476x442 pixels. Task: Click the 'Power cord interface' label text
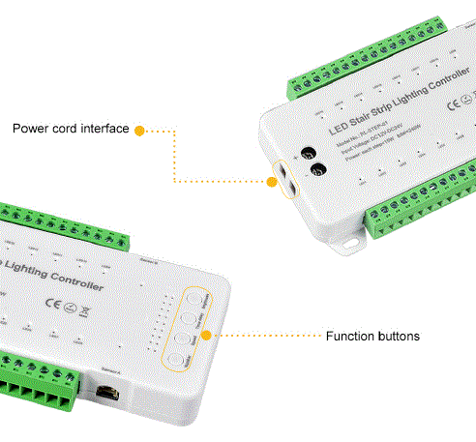pos(70,129)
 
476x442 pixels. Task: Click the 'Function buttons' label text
pos(372,337)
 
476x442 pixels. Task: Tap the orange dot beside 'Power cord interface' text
pos(139,130)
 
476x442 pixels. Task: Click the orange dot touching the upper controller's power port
pos(270,180)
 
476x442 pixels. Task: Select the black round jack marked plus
pos(312,153)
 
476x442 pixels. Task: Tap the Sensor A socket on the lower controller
pos(109,391)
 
